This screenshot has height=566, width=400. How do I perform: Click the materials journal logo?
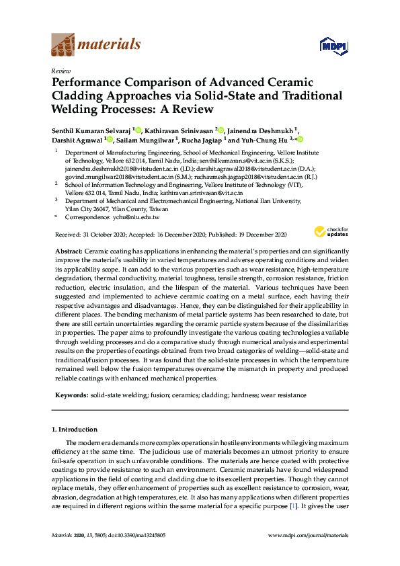click(x=96, y=46)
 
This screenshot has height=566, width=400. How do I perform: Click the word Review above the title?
click(x=61, y=70)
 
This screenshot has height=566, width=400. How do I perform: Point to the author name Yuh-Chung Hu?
click(x=264, y=140)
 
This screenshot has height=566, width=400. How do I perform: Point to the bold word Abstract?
click(x=69, y=250)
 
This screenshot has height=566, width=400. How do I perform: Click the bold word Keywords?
click(x=71, y=395)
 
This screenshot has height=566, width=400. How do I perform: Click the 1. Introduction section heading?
click(x=75, y=429)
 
